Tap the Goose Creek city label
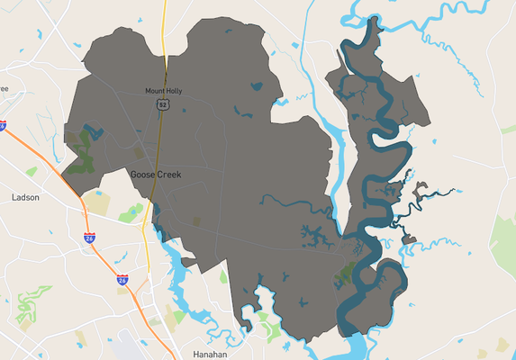coord(156,174)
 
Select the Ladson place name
coord(25,196)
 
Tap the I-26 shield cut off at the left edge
coord(3,126)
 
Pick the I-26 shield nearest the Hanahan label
coord(122,281)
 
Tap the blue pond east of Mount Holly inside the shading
coord(257,87)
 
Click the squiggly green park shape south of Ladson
coord(27,306)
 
